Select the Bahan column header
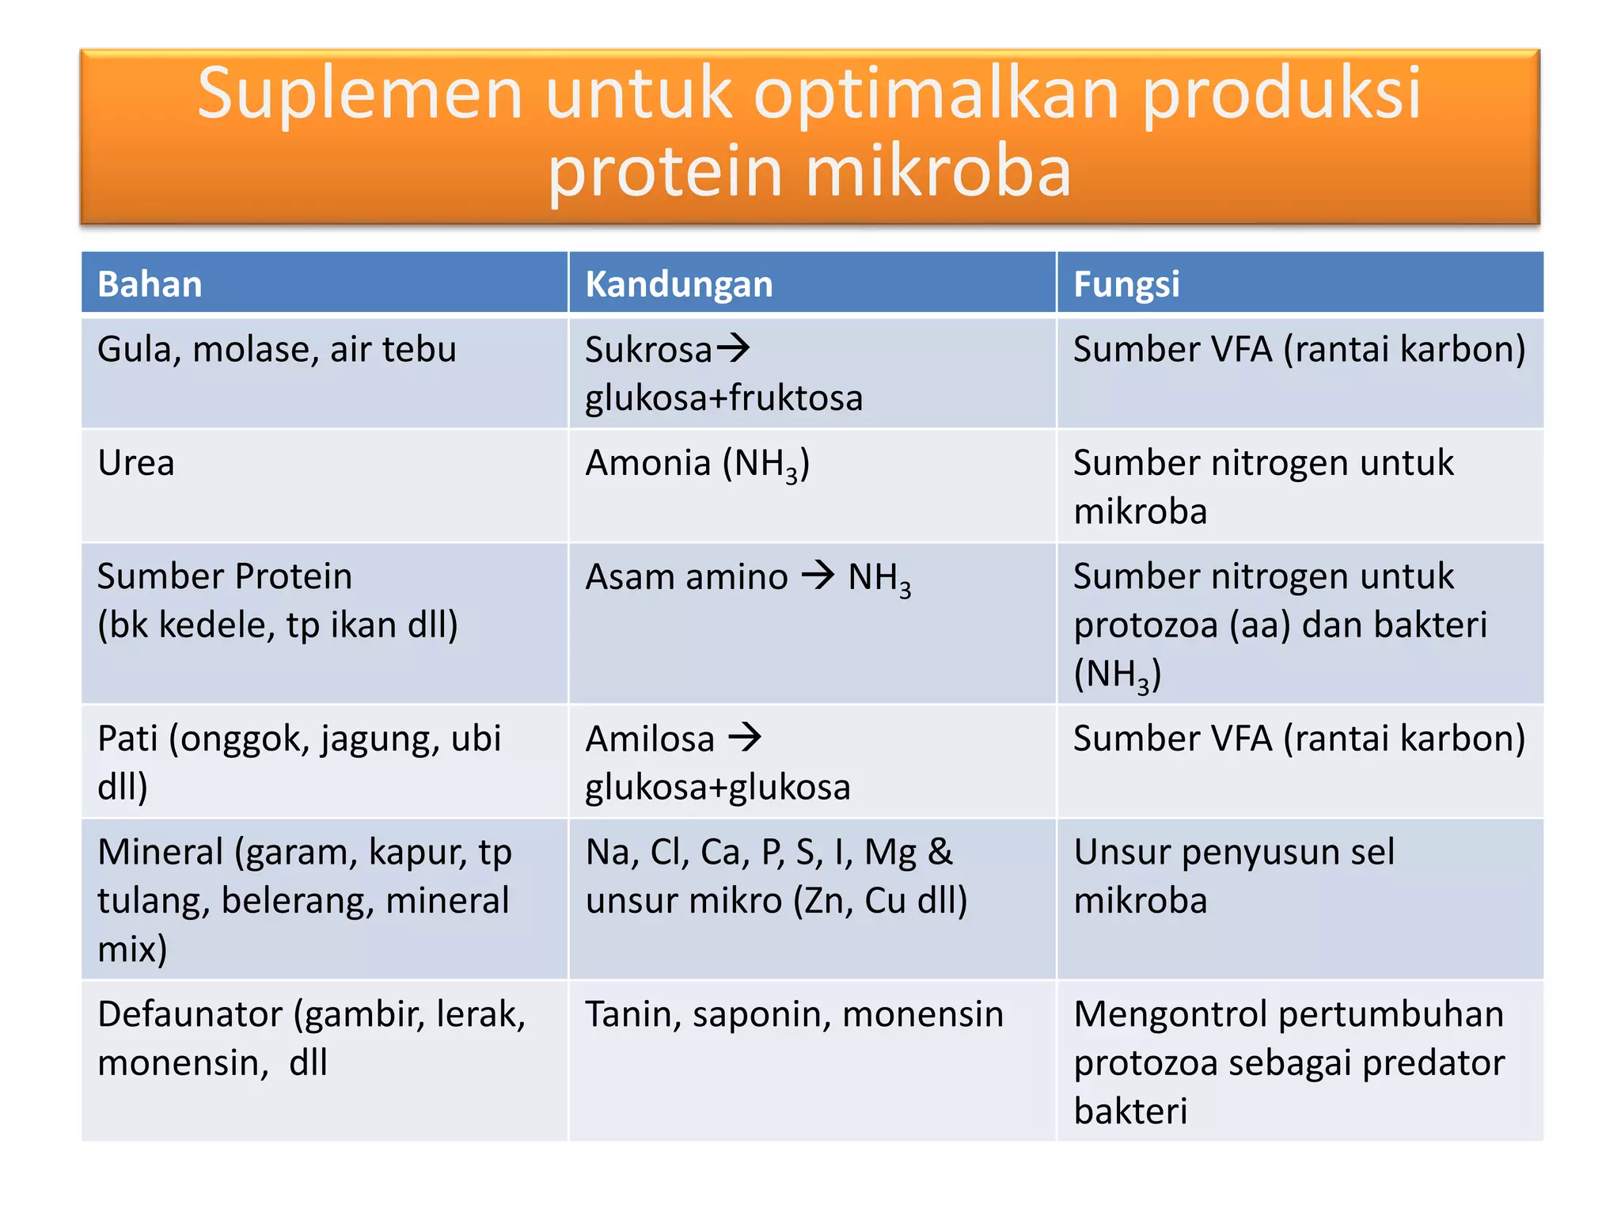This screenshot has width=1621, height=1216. (x=150, y=284)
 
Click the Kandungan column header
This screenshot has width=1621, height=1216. (x=678, y=284)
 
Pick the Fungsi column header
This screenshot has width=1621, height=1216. (x=1126, y=284)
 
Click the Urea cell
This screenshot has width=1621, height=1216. (x=135, y=463)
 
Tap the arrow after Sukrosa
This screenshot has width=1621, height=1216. (x=733, y=348)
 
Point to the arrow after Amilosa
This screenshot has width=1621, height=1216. (x=744, y=738)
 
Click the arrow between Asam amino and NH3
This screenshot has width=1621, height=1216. (x=818, y=575)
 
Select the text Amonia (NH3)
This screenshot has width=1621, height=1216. (x=697, y=465)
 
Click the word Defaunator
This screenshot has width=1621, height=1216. (x=189, y=1014)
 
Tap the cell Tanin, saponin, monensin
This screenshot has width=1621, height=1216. (x=794, y=1015)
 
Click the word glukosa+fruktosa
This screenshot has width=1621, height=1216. (x=723, y=398)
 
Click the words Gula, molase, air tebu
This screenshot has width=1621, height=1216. (x=276, y=350)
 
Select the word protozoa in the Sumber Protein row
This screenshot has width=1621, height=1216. (x=1145, y=625)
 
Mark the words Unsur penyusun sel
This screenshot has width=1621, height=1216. (x=1233, y=853)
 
